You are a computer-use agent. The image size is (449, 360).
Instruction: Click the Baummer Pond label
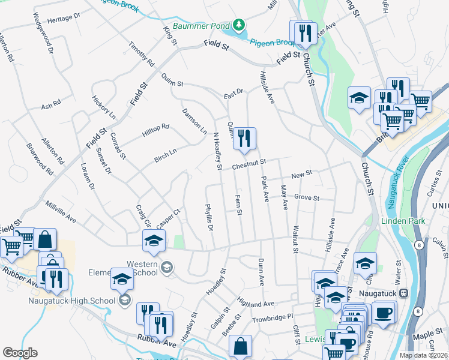[202, 26]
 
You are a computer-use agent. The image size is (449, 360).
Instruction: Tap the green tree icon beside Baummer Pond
[240, 25]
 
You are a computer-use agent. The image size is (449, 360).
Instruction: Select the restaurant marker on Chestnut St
[244, 139]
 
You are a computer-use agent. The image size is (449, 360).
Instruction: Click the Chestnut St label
[249, 164]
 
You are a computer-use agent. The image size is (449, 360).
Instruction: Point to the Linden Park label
[403, 221]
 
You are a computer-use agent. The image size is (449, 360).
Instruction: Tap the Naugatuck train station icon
[404, 293]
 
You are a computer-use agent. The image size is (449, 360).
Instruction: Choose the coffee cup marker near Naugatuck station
[384, 313]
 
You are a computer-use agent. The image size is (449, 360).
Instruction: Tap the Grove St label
[306, 197]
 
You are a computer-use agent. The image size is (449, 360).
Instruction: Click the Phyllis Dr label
[209, 218]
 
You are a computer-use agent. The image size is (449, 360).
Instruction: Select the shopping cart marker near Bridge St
[393, 121]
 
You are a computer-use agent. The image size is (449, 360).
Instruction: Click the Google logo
[20, 353]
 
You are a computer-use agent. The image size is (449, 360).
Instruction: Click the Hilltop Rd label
[156, 130]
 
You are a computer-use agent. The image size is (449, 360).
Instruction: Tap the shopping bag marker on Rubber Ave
[240, 347]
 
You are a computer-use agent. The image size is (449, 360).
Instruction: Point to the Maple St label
[432, 333]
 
